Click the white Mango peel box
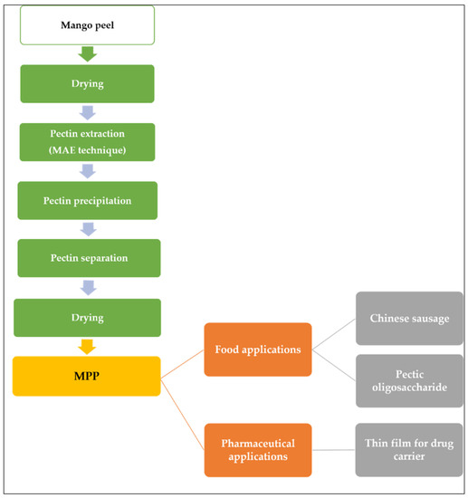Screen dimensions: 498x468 pyautogui.click(x=88, y=24)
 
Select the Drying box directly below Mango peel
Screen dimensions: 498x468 pyautogui.click(x=88, y=83)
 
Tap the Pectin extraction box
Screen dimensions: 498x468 pyautogui.click(x=88, y=131)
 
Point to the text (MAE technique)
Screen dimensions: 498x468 pyautogui.click(x=88, y=148)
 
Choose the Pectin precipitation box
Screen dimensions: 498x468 pyautogui.click(x=88, y=200)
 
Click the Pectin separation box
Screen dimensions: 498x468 pyautogui.click(x=88, y=258)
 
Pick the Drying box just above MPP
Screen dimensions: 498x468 pyautogui.click(x=88, y=318)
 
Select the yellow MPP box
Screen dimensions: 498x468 pyautogui.click(x=88, y=375)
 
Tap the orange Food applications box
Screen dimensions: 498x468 pyautogui.click(x=257, y=348)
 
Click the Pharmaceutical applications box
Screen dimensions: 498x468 pyautogui.click(x=257, y=450)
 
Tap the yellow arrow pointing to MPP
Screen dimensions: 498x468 pyautogui.click(x=88, y=346)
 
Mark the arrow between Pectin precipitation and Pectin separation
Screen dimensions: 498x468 pyautogui.click(x=88, y=229)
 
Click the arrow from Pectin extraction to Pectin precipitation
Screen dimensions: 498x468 pyautogui.click(x=88, y=170)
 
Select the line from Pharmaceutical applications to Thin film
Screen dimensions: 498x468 pyautogui.click(x=333, y=450)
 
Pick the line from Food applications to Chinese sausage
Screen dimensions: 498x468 pyautogui.click(x=333, y=334)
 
